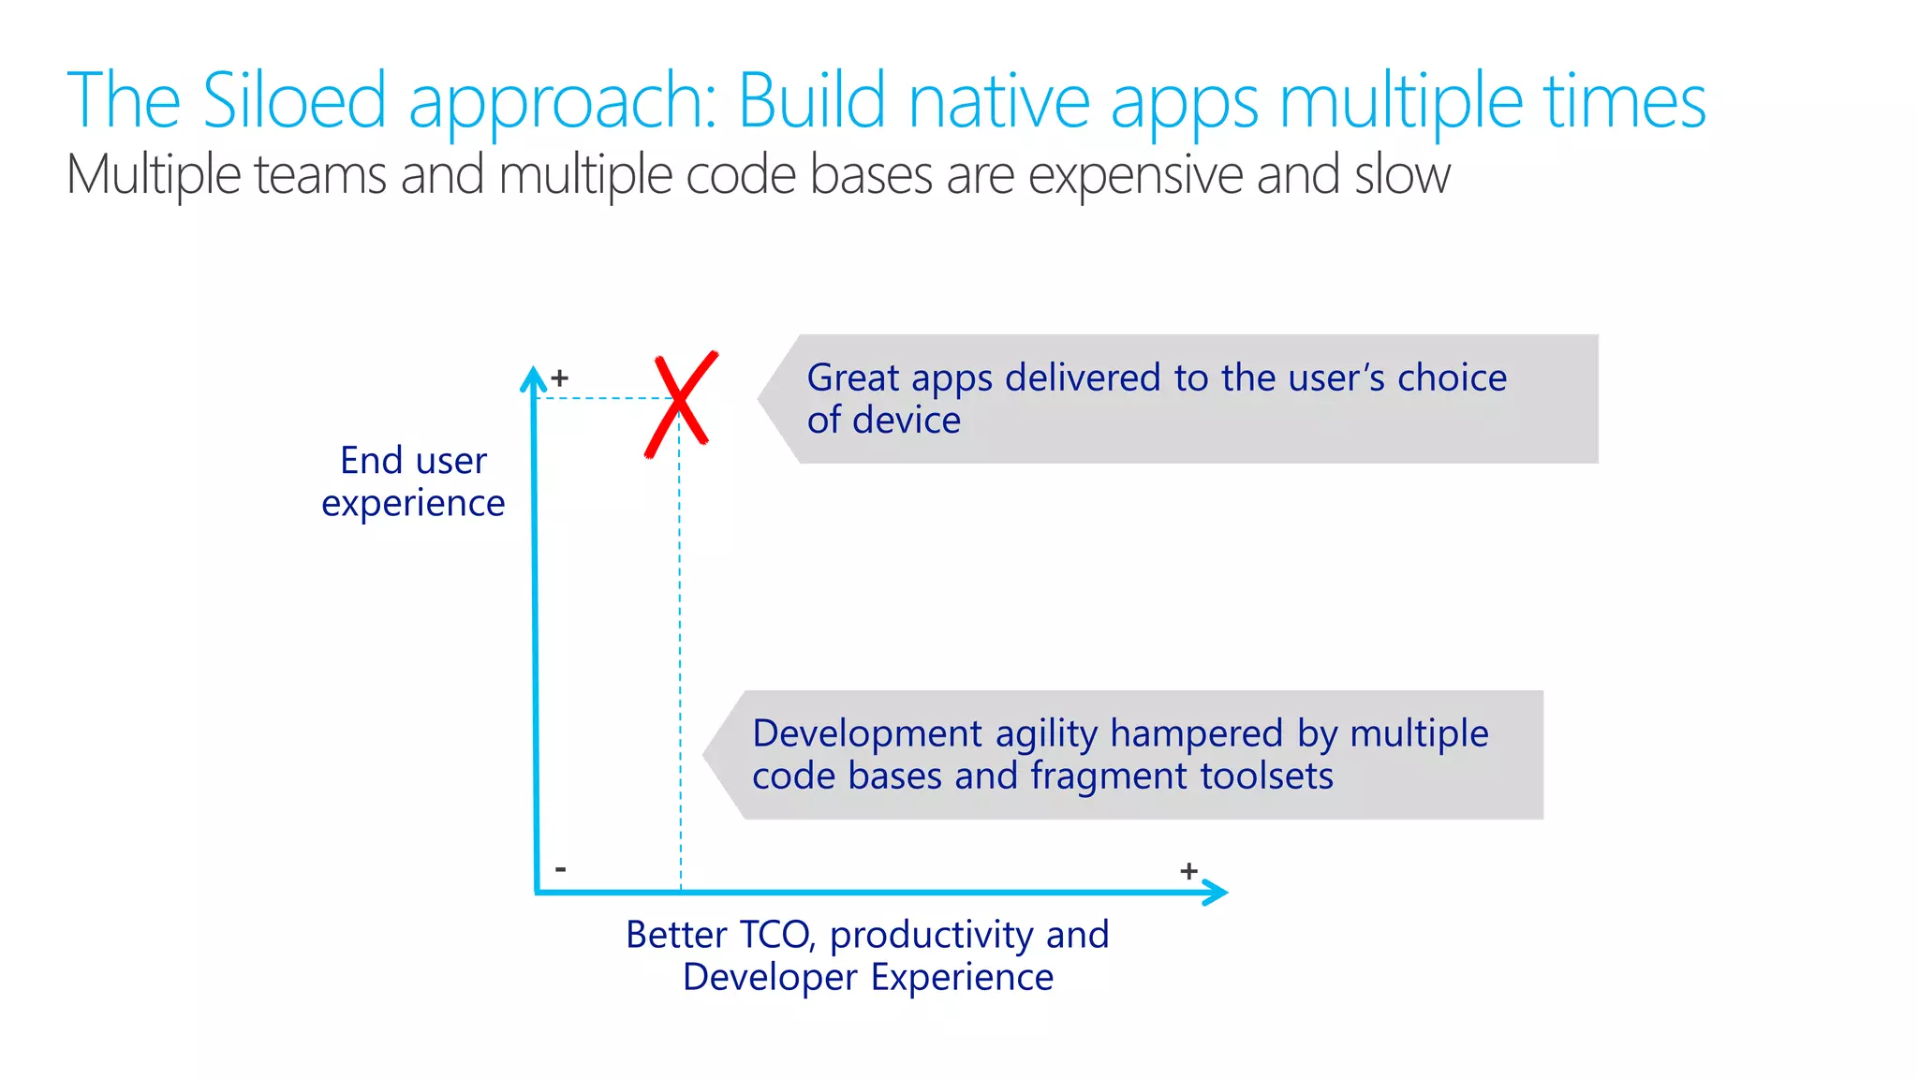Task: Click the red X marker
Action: click(681, 404)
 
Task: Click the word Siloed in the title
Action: click(294, 100)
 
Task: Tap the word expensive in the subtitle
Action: click(1136, 175)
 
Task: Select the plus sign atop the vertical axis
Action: click(560, 378)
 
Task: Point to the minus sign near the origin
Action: click(560, 869)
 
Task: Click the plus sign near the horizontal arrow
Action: click(1188, 871)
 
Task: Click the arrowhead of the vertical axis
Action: click(533, 377)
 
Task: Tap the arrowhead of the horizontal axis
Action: click(1217, 892)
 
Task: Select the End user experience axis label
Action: click(413, 481)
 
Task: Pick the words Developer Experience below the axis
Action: click(868, 977)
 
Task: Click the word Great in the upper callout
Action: click(853, 377)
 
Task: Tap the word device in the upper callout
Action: click(908, 421)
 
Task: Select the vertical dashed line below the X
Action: click(680, 656)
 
